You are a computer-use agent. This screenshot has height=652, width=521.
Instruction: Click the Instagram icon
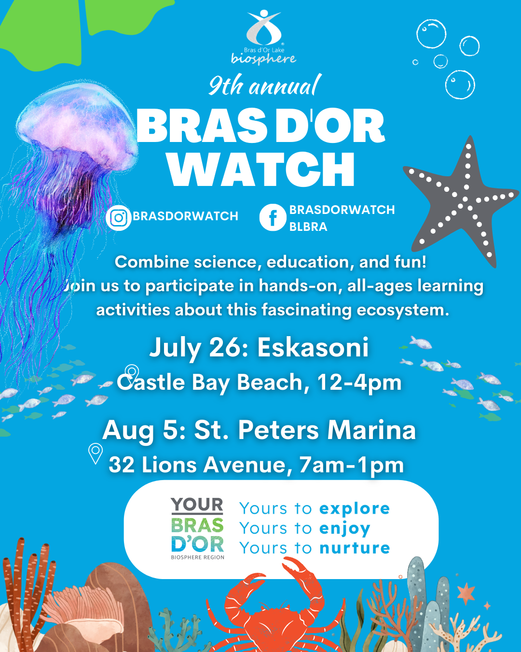(118, 217)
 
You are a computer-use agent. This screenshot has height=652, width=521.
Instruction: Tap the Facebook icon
(273, 217)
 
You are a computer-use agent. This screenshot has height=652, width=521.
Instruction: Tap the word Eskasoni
(313, 347)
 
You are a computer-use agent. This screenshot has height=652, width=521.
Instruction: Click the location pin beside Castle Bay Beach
(132, 371)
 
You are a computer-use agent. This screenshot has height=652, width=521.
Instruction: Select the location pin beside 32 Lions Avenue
(96, 453)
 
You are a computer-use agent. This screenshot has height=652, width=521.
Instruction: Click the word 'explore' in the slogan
(355, 508)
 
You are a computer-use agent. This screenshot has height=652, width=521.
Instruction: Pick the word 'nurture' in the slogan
(355, 548)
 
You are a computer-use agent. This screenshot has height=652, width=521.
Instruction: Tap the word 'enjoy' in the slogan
(345, 529)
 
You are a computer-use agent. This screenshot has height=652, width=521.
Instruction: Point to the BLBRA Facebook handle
(308, 227)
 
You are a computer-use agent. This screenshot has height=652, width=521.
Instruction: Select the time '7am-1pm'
(352, 465)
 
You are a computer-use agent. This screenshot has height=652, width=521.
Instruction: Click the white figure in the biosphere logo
(264, 27)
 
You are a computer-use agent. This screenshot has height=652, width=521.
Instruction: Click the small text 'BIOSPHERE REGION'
(198, 557)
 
